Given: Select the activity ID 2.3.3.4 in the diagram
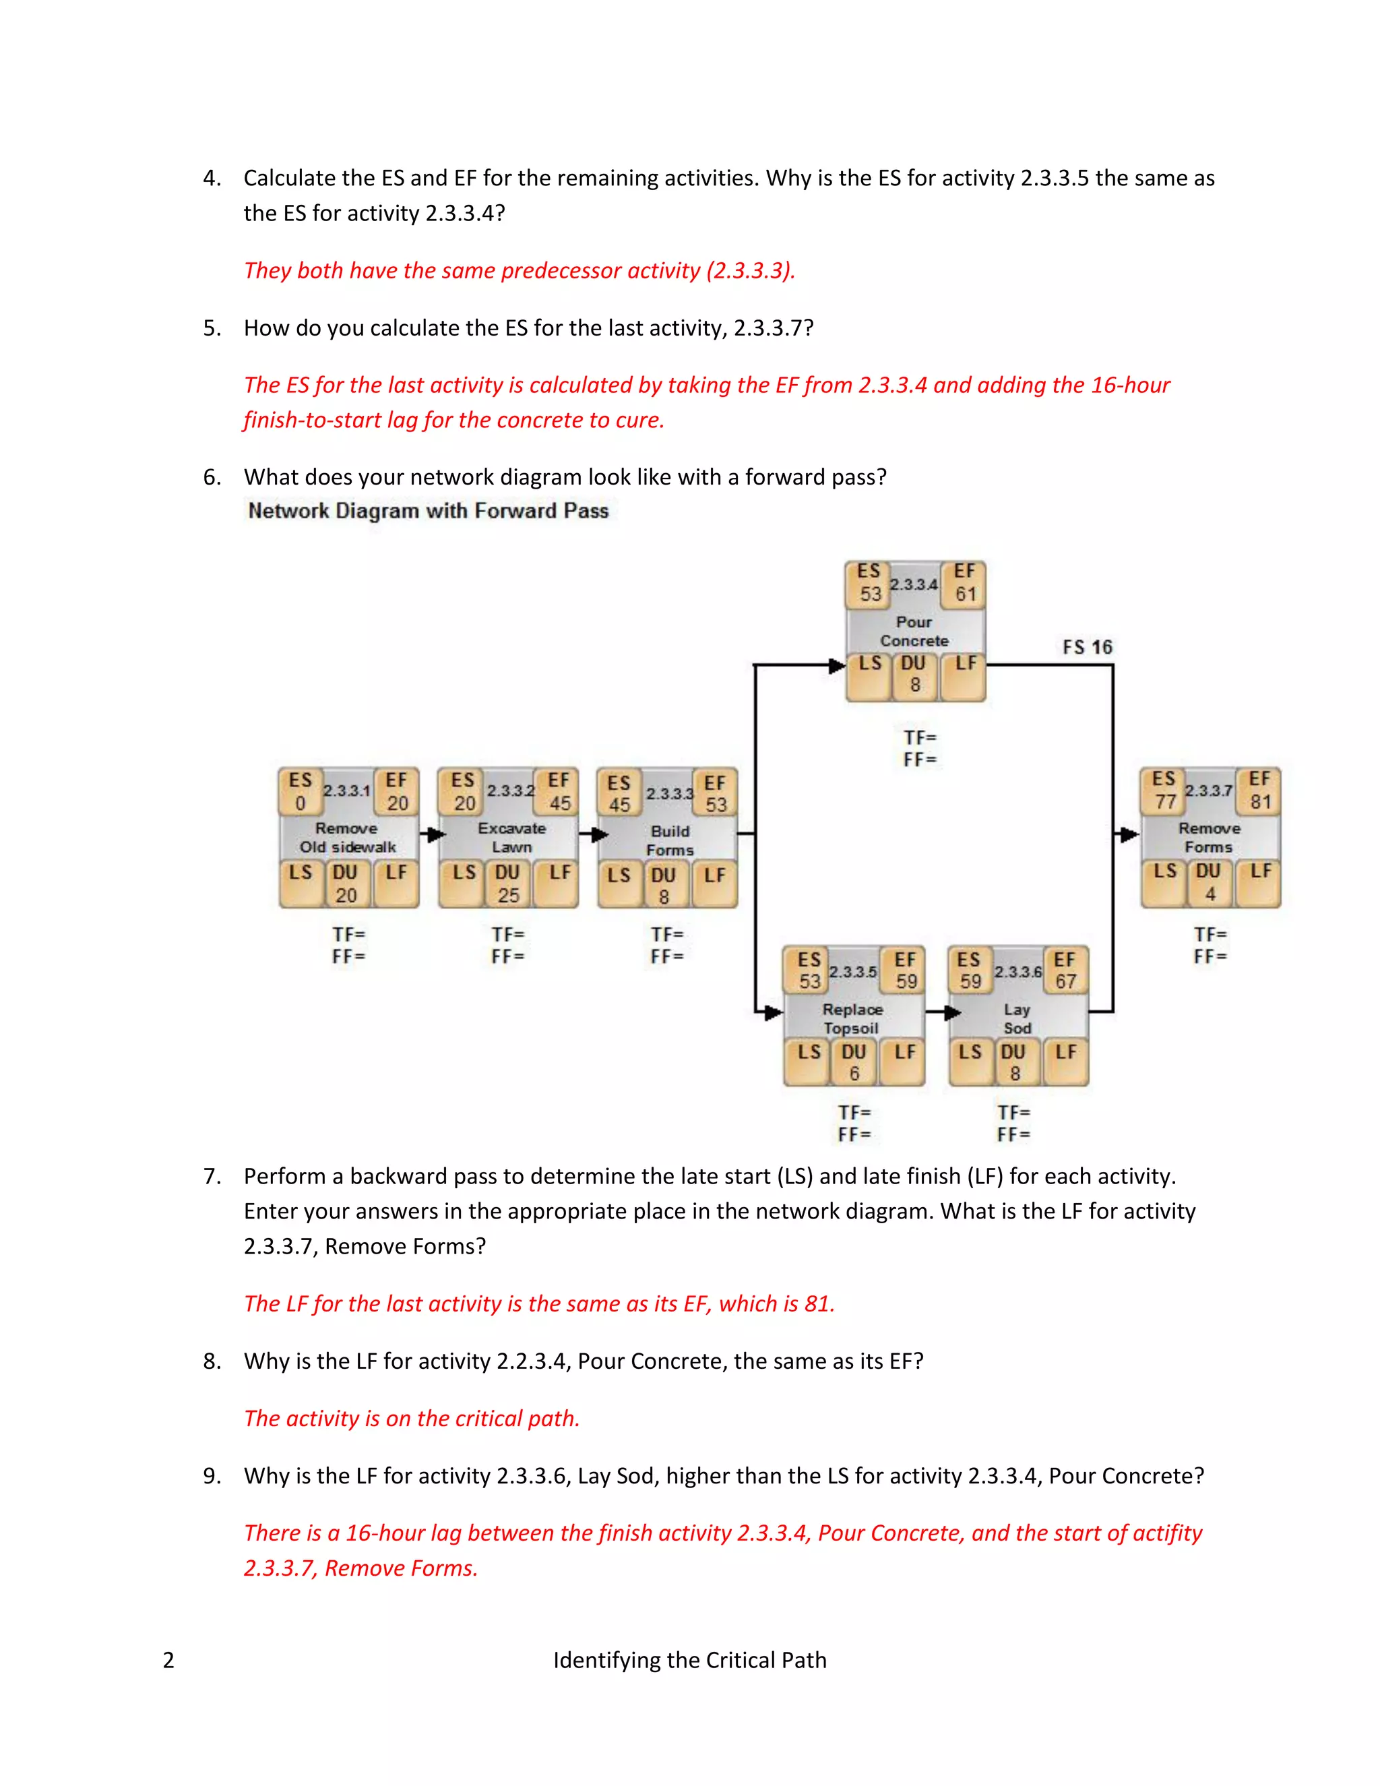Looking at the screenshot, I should [x=913, y=585].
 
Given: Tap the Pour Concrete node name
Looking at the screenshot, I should [x=914, y=632].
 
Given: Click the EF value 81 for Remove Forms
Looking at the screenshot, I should [x=1260, y=802].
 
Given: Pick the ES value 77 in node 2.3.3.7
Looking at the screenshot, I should [x=1165, y=802].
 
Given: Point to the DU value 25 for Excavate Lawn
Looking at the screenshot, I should [x=509, y=896].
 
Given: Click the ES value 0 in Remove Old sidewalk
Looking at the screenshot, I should [x=300, y=804].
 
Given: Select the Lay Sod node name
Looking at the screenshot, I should [x=1017, y=1018].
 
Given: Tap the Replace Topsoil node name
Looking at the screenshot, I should [x=852, y=1018].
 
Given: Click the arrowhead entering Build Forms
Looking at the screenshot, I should [x=599, y=835].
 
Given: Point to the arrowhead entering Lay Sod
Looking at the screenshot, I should [x=952, y=1012].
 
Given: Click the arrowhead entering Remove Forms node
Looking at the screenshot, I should [x=1129, y=835].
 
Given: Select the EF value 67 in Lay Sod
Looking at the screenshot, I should [x=1065, y=981].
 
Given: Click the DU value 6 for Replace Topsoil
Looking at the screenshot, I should [x=854, y=1074].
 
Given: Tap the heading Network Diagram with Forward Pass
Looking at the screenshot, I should [x=429, y=511].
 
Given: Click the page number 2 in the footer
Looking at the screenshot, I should [x=168, y=1660].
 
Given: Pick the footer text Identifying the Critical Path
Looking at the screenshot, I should [x=689, y=1660].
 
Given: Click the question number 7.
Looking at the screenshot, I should [x=211, y=1177].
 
